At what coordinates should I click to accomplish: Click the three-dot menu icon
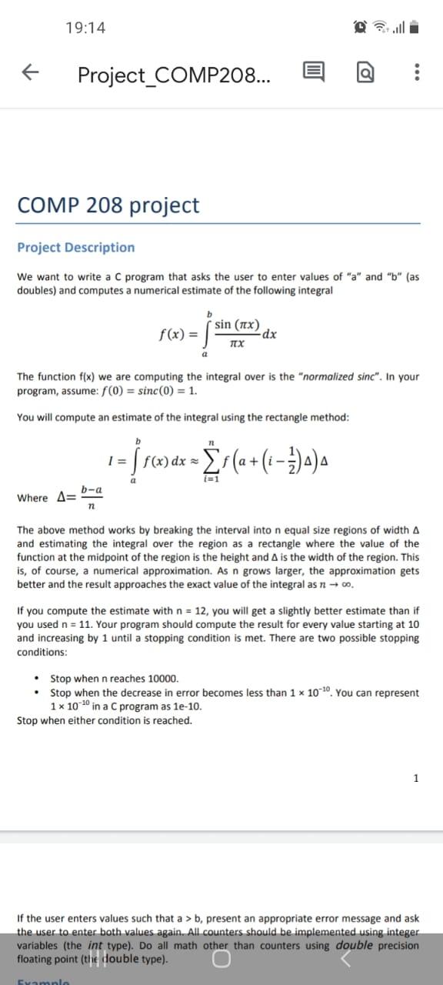click(x=416, y=74)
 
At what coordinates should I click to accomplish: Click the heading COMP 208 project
click(x=108, y=205)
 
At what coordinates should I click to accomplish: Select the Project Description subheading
click(x=75, y=248)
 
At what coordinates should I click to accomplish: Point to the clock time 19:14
click(x=85, y=28)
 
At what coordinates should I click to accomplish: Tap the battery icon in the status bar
click(x=413, y=28)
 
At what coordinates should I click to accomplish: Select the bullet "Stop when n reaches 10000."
click(x=114, y=679)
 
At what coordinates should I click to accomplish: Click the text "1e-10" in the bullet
click(x=185, y=706)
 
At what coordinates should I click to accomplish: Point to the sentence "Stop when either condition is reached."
click(x=105, y=720)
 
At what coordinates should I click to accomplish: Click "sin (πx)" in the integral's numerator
click(x=238, y=324)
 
